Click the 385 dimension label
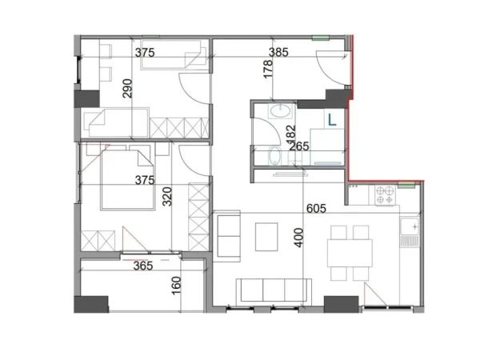tap(277, 53)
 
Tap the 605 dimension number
tap(316, 209)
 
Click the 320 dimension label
tap(166, 196)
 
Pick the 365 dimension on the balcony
tap(143, 266)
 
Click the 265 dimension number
tap(299, 146)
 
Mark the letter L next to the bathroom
tap(331, 119)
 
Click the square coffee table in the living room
tap(266, 236)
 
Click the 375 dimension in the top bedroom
tap(144, 53)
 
